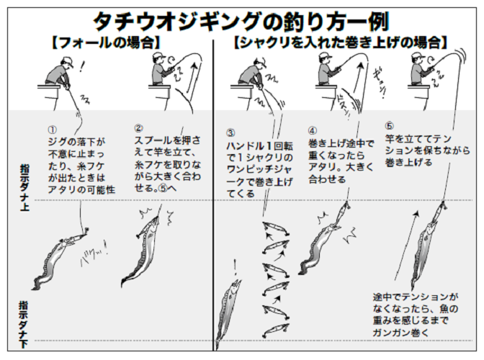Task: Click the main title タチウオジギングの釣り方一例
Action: tap(242, 17)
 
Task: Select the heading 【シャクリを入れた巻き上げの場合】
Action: tap(340, 42)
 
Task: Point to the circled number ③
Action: tap(230, 134)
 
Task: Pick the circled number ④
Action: tap(313, 131)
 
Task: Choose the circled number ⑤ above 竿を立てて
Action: tap(390, 125)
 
